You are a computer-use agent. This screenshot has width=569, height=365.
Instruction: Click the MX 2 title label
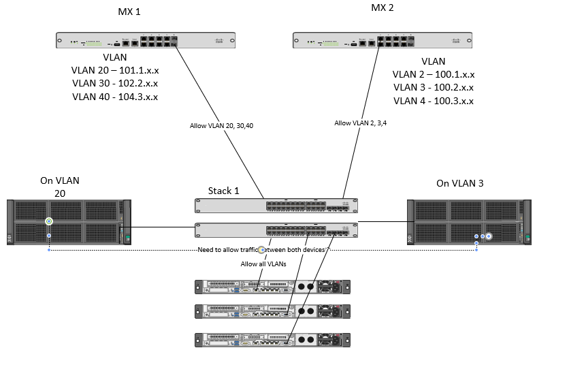382,9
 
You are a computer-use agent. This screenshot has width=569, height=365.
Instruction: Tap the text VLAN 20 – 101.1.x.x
114,70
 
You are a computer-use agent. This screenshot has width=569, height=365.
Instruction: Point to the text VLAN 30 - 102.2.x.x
114,83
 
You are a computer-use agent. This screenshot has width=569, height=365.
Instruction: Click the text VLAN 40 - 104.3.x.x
114,97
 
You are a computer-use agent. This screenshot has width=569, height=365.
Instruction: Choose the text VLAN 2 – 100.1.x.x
434,74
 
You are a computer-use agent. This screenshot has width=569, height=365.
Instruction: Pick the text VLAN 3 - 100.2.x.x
434,87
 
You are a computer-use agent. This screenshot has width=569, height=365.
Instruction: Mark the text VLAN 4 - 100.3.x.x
434,101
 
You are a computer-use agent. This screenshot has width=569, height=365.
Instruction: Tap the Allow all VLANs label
263,264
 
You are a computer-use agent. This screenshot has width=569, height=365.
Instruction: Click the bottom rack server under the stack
273,340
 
